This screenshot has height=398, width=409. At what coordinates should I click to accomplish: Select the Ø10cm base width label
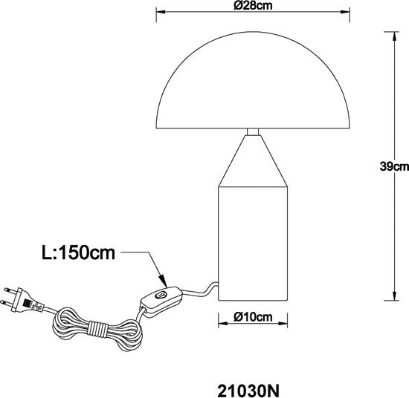point(251,317)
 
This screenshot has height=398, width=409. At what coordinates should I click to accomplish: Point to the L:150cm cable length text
point(78,254)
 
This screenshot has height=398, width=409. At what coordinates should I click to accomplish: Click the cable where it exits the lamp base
point(214,285)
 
